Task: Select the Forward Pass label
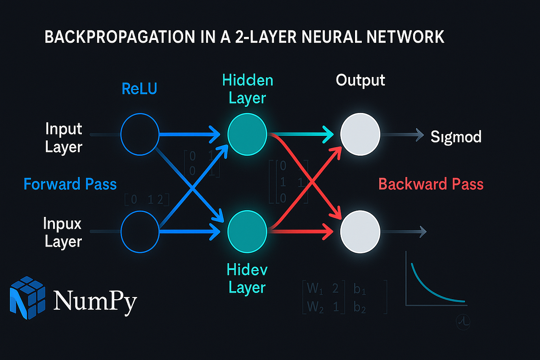click(70, 184)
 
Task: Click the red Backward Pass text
click(431, 184)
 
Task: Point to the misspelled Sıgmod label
click(455, 136)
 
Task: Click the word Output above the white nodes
click(360, 80)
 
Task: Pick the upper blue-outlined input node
click(140, 134)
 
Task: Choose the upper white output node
click(360, 134)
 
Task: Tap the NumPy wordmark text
click(94, 301)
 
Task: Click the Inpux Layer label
click(63, 232)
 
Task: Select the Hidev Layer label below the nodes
click(247, 279)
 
